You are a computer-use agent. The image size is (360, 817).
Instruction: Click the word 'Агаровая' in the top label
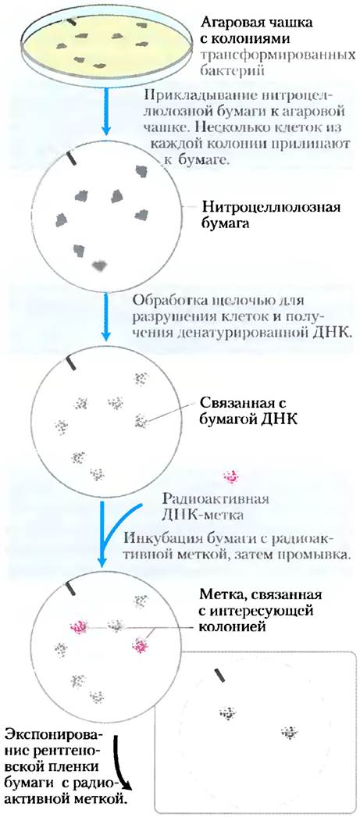point(233,23)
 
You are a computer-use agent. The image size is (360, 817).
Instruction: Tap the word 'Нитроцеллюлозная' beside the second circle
point(272,208)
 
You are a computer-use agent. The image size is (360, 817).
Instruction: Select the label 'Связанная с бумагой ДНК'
point(246,411)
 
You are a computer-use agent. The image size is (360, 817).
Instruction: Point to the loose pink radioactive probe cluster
point(231,476)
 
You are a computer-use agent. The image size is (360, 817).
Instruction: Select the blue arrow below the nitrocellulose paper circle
point(107,318)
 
